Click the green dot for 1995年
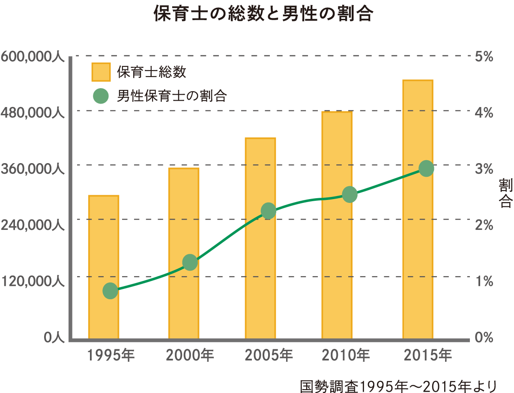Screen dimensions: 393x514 click(x=110, y=291)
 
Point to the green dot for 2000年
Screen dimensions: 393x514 click(x=190, y=262)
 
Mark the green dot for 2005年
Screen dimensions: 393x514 click(x=269, y=211)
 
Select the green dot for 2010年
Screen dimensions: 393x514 click(x=350, y=195)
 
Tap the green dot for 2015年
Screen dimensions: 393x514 click(x=426, y=169)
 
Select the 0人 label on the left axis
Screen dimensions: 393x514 click(x=54, y=337)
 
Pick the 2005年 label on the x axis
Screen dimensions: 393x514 click(x=269, y=355)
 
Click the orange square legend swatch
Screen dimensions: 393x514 click(x=101, y=72)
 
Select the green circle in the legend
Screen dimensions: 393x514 click(x=101, y=96)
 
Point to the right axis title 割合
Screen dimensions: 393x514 click(x=505, y=194)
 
